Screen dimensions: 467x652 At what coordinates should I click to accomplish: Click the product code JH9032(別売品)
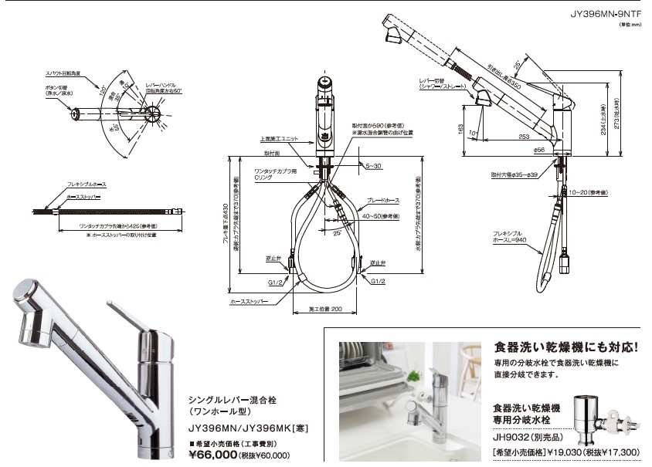tap(525, 435)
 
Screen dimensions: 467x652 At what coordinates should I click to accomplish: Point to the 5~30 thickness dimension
tap(373, 165)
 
